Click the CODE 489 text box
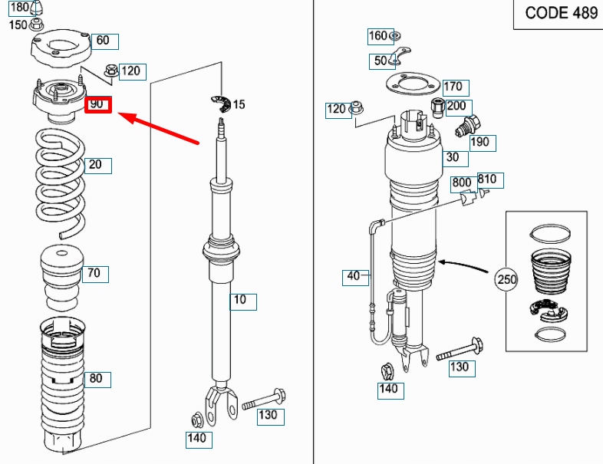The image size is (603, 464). tap(559, 14)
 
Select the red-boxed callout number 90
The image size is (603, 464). tap(98, 104)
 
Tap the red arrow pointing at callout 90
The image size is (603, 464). tap(158, 128)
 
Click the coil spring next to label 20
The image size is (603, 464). tap(61, 183)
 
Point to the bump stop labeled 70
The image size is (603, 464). tap(62, 278)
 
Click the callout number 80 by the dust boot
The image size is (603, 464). tap(97, 379)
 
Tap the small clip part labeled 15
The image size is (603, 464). tap(221, 104)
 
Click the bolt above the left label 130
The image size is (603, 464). tap(264, 400)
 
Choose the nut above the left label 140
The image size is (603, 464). tap(197, 420)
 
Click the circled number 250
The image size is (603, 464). tap(506, 279)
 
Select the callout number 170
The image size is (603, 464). tap(456, 87)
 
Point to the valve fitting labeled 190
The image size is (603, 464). tap(468, 125)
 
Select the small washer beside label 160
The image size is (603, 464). tap(395, 36)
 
